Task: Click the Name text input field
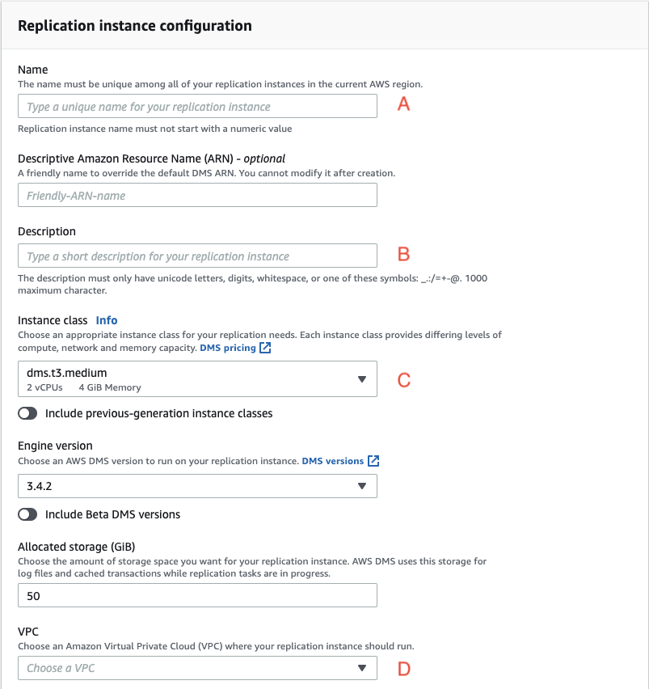197,107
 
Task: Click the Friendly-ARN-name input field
197,196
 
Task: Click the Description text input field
197,256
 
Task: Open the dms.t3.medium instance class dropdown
197,378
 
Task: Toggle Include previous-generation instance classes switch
27,413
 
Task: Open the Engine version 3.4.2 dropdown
197,486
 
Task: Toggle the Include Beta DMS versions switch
27,514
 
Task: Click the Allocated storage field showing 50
197,596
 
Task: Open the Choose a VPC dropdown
197,668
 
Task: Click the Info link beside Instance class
107,320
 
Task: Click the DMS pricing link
228,348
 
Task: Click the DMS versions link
332,461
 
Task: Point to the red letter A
404,104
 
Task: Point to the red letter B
404,254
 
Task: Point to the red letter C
404,379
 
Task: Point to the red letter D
404,669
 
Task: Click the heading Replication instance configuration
134,26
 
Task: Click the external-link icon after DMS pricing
266,349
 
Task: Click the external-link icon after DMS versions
373,461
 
